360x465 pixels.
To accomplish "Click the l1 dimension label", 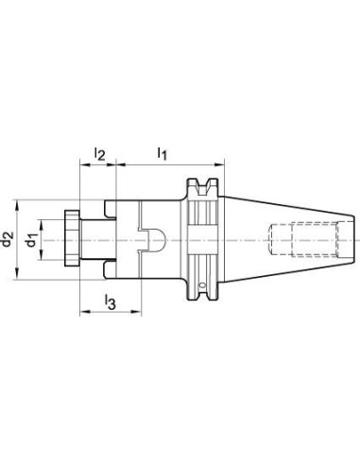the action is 162,153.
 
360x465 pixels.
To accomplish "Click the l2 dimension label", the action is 99,154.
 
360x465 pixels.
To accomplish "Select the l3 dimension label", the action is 111,301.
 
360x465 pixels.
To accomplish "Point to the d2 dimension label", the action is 7,239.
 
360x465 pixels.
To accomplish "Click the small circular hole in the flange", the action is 202,285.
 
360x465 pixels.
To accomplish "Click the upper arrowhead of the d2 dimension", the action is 17,205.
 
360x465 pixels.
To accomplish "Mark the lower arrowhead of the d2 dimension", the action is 17,274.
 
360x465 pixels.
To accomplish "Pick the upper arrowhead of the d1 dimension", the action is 41,224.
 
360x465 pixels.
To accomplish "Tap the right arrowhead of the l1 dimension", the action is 219,164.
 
